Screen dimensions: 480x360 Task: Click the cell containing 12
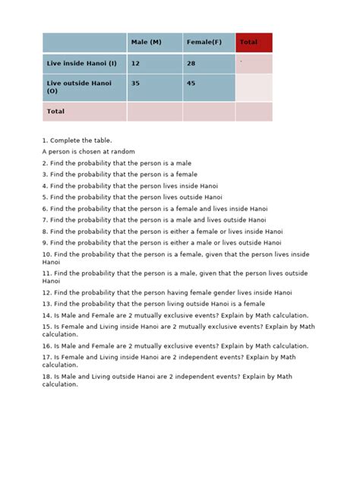coord(154,64)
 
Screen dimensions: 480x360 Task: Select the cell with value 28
coord(209,64)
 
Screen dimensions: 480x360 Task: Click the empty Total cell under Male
coord(154,112)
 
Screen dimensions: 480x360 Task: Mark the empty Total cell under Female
coord(209,112)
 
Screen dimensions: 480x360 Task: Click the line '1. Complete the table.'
coord(77,141)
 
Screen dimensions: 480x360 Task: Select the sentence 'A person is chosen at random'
coord(88,151)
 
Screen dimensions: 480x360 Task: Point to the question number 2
coord(45,163)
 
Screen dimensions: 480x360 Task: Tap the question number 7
coord(45,219)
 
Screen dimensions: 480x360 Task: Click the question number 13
coord(46,304)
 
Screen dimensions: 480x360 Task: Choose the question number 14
coord(46,315)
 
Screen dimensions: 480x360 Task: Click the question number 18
coord(46,377)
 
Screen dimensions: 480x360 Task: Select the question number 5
coord(45,197)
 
